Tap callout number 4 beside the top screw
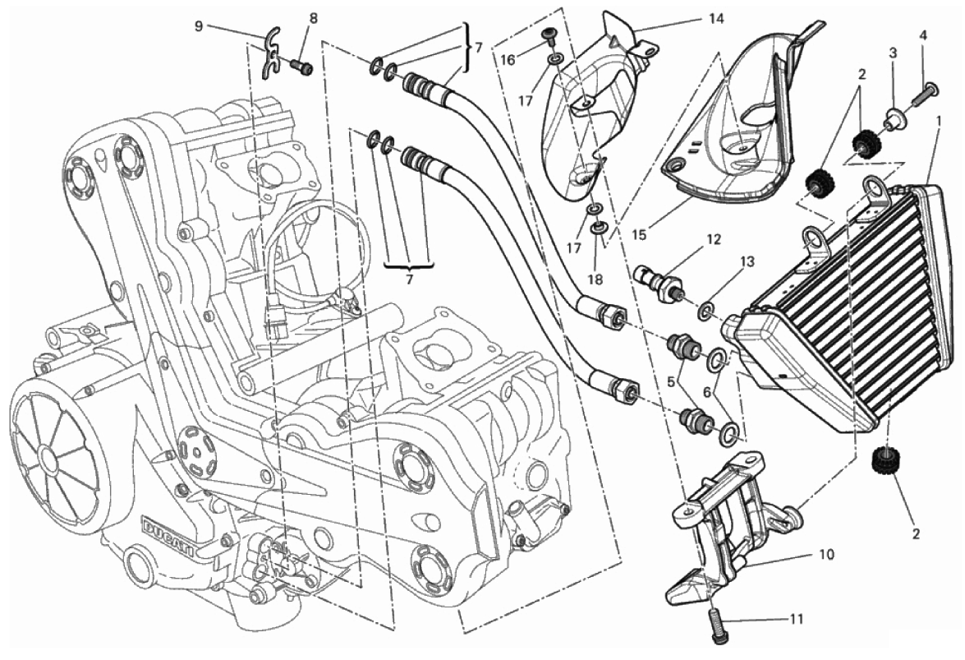pyautogui.click(x=923, y=36)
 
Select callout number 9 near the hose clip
pyautogui.click(x=198, y=25)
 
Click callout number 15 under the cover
pyautogui.click(x=640, y=235)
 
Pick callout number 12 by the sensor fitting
pyautogui.click(x=713, y=239)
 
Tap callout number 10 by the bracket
pyautogui.click(x=826, y=555)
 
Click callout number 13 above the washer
pyautogui.click(x=747, y=262)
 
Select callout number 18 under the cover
pyautogui.click(x=595, y=279)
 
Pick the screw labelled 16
pyautogui.click(x=549, y=36)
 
